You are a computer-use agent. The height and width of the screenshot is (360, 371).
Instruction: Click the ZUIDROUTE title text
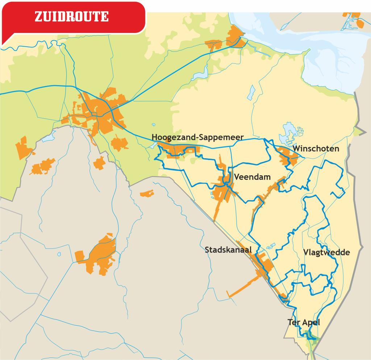[71, 17]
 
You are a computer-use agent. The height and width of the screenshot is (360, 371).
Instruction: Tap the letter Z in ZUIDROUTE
[38, 17]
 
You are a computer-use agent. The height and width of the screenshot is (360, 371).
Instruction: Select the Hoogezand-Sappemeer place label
[197, 137]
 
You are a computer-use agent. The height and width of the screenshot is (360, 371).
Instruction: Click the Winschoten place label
[316, 149]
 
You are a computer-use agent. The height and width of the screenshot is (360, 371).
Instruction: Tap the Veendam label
[253, 177]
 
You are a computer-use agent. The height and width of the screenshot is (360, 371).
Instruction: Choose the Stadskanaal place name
[228, 250]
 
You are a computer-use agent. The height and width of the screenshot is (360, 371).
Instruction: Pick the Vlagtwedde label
[326, 252]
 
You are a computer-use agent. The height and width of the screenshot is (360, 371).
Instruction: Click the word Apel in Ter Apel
[311, 322]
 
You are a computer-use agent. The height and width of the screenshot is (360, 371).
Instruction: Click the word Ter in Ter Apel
[294, 322]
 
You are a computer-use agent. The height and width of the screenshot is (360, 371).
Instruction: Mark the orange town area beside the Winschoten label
[288, 157]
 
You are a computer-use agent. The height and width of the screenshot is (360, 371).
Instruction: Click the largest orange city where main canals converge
[101, 112]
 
